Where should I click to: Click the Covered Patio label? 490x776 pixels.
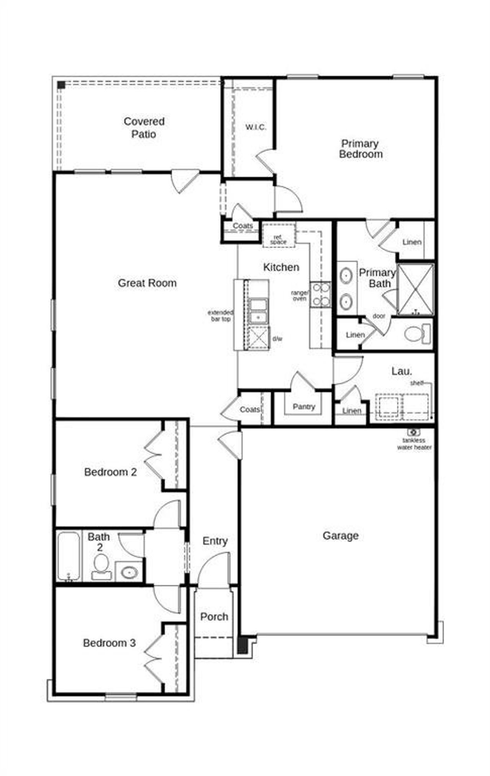point(144,127)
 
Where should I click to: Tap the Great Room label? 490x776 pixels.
point(147,283)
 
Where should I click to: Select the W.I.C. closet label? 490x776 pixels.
point(255,127)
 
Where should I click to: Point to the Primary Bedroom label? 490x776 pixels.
point(360,149)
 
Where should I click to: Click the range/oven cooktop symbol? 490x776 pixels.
point(320,294)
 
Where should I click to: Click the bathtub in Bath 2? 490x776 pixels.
point(69,556)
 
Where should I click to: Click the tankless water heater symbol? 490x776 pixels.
point(413,432)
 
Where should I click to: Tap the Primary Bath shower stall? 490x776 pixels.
point(416,289)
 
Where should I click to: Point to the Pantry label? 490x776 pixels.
point(304,407)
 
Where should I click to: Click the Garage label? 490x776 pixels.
point(340,536)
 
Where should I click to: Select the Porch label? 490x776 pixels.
point(214,617)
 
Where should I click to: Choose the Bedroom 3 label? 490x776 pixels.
point(109,643)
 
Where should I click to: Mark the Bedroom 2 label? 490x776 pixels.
point(110,472)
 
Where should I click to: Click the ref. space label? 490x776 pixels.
point(278,240)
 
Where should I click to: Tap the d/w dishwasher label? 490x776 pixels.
point(277,339)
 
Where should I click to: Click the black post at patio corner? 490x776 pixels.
point(61,85)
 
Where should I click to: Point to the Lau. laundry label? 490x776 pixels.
point(402,371)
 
